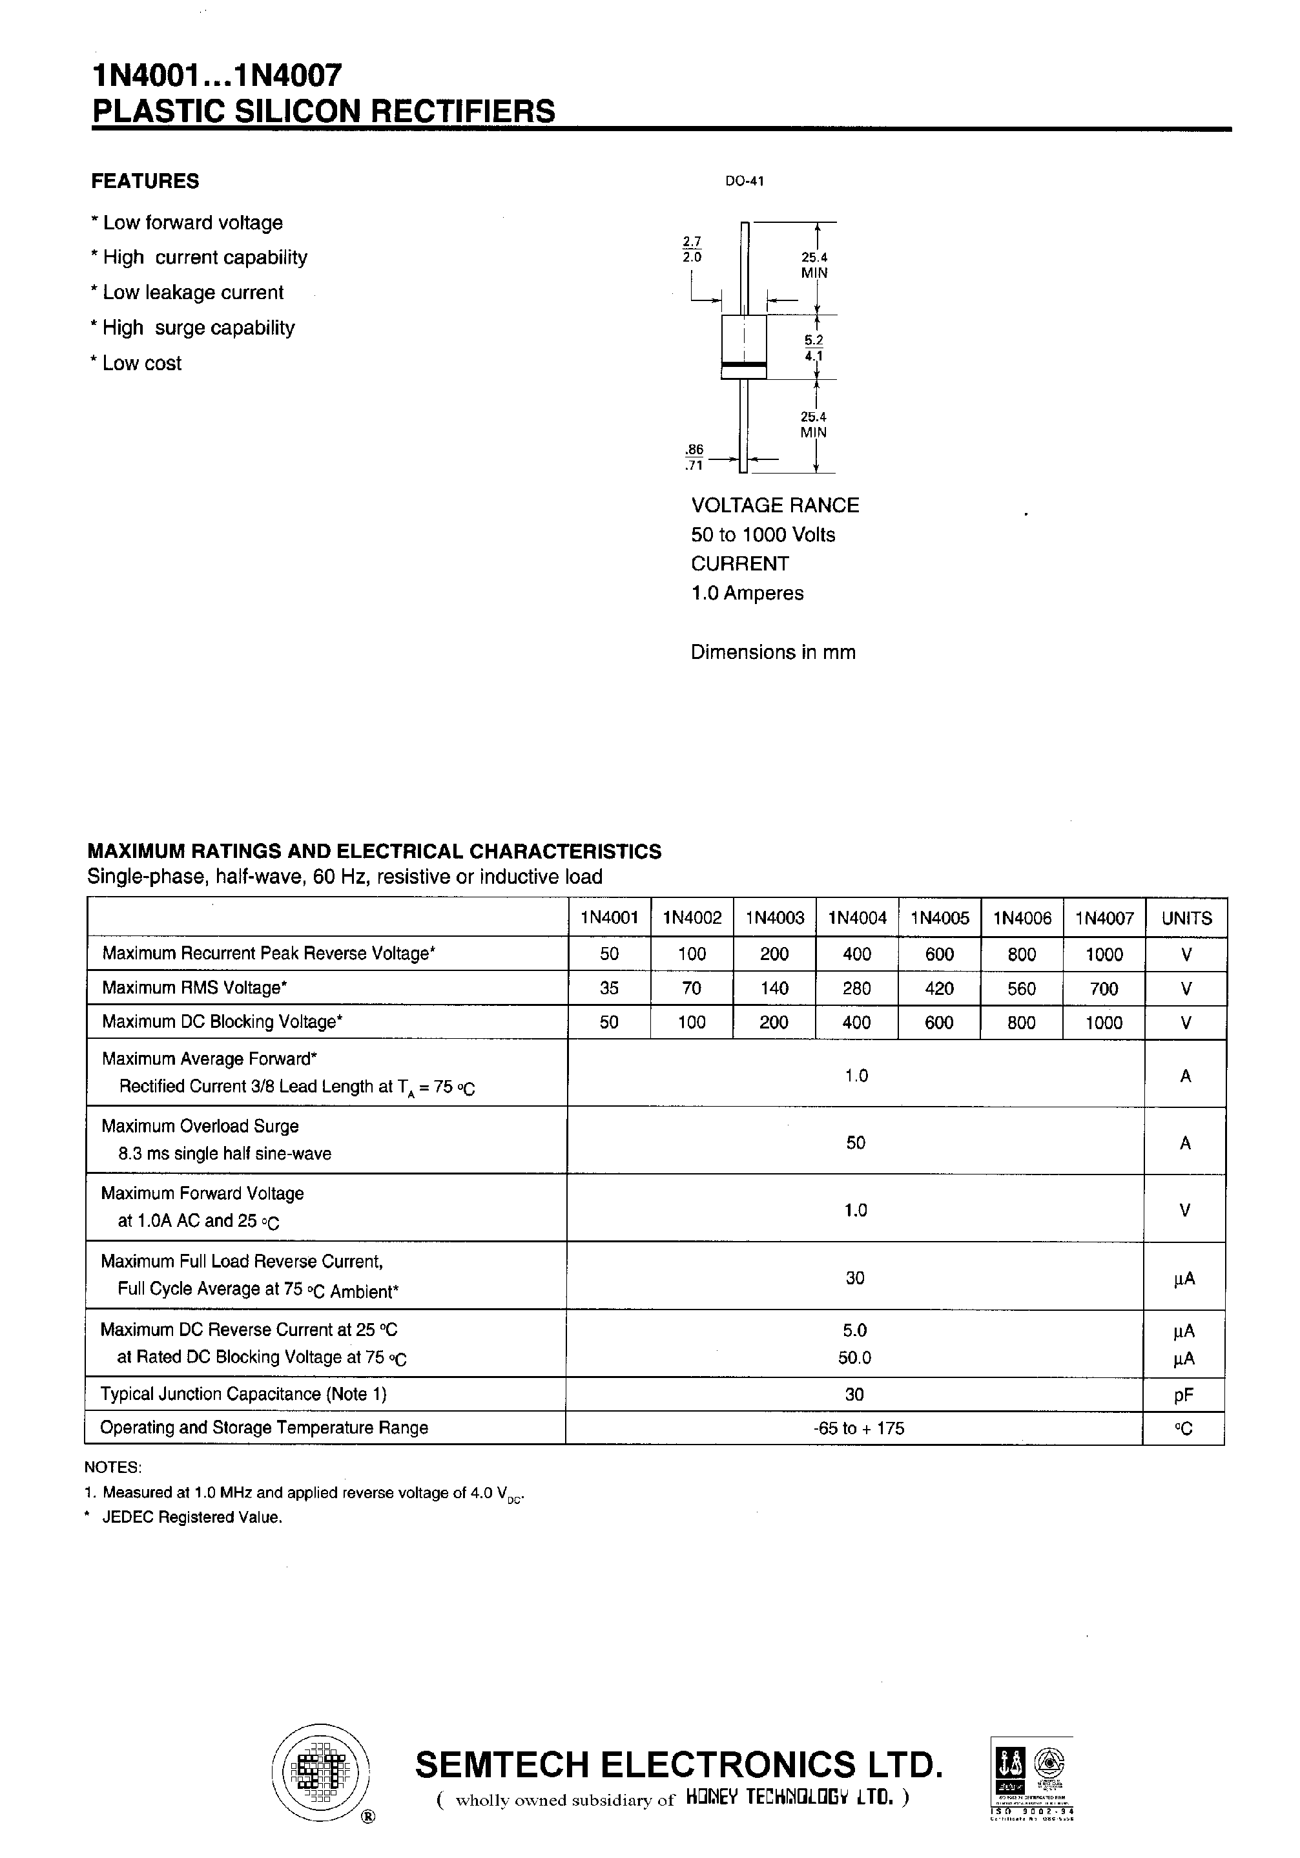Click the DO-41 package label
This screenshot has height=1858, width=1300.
click(743, 182)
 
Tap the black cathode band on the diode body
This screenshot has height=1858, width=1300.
click(743, 366)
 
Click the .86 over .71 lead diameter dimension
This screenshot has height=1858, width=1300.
click(694, 457)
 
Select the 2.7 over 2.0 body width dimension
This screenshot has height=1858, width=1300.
click(692, 249)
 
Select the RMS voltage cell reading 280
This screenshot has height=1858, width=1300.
click(857, 988)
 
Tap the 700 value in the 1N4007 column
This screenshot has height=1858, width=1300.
click(1104, 988)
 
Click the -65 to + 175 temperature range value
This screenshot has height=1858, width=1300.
click(858, 1428)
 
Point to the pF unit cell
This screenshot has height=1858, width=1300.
click(1184, 1394)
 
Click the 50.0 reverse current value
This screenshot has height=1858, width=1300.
click(854, 1358)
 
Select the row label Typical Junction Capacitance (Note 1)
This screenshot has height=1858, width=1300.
click(243, 1393)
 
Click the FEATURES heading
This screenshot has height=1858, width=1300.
click(145, 182)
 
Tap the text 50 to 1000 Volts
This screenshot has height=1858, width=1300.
click(762, 534)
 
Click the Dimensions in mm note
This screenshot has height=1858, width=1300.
click(772, 652)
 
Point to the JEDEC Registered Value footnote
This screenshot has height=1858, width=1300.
click(191, 1518)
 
